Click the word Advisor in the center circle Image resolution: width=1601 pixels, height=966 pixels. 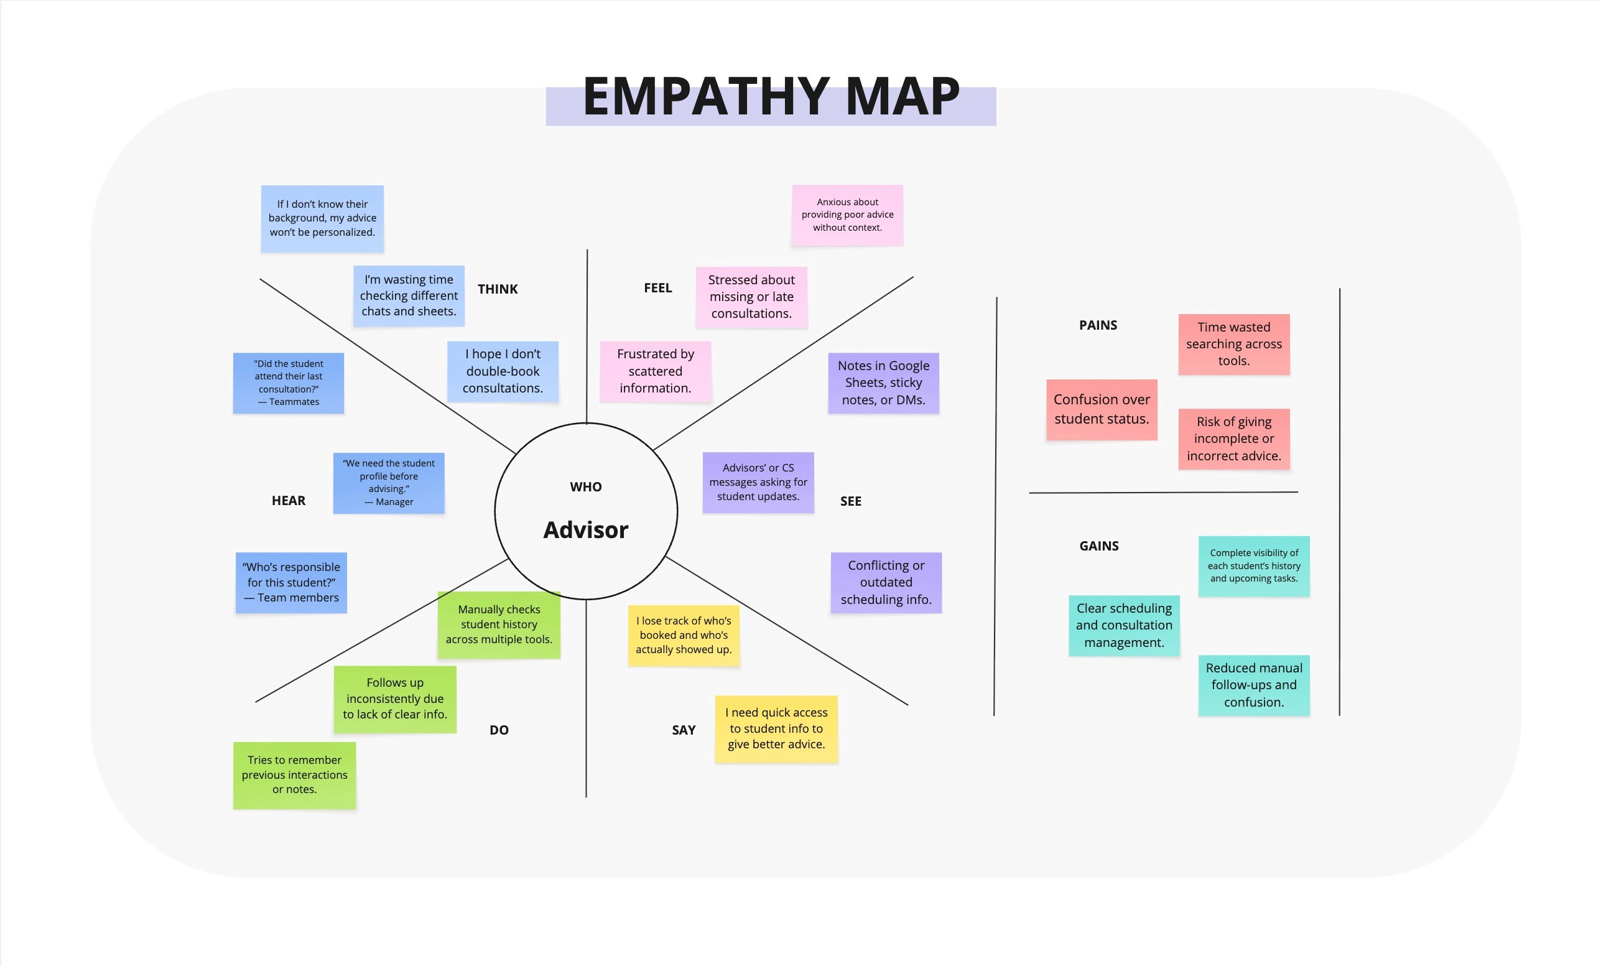[x=585, y=530]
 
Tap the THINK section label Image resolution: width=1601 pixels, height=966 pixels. [x=498, y=289]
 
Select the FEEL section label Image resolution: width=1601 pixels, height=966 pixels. [x=657, y=288]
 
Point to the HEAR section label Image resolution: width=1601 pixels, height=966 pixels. [x=289, y=500]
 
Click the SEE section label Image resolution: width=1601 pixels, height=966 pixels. [x=850, y=501]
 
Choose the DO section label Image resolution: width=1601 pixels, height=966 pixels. [x=499, y=730]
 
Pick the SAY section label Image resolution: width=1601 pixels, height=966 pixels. [x=684, y=730]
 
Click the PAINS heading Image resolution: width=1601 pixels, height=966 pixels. [x=1098, y=325]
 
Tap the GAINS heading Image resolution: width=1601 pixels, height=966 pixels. [x=1098, y=546]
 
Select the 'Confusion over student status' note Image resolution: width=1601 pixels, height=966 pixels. [x=1102, y=409]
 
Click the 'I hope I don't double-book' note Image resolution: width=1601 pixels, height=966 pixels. [x=503, y=371]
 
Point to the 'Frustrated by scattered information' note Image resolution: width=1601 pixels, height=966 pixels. [x=655, y=371]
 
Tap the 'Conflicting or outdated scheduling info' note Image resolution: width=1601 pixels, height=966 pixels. [x=886, y=582]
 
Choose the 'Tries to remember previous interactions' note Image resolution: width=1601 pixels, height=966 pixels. [x=294, y=774]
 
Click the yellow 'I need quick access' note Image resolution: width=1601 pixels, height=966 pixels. [x=776, y=728]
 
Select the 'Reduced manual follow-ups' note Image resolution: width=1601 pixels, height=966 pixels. [x=1253, y=685]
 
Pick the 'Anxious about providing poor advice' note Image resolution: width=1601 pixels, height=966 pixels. [x=847, y=215]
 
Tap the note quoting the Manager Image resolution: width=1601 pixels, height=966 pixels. [x=389, y=483]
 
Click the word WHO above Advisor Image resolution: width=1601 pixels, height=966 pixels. [x=585, y=486]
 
